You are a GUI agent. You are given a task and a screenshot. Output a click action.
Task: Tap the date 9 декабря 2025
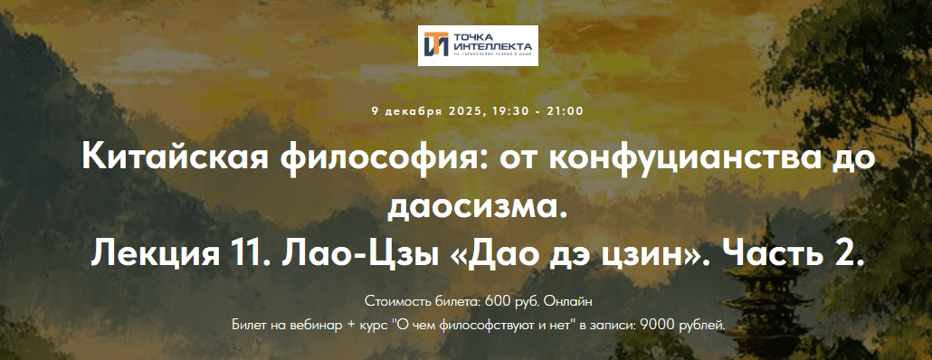(x=427, y=111)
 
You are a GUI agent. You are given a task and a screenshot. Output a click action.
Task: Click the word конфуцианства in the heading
(x=672, y=159)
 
